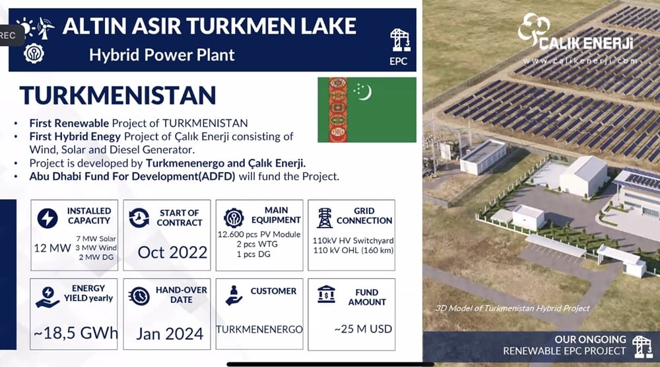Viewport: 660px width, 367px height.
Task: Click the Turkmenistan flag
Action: click(x=367, y=110)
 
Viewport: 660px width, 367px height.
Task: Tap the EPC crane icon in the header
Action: click(x=399, y=40)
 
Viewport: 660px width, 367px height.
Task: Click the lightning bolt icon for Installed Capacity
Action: click(x=47, y=218)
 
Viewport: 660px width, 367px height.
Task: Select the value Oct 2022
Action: click(x=172, y=252)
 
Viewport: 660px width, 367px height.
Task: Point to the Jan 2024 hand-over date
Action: click(x=170, y=333)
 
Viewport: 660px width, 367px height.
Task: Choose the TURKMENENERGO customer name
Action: click(x=259, y=329)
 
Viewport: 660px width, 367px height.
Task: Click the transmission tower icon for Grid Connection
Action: click(x=325, y=218)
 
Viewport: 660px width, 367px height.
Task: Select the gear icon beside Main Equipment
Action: click(x=233, y=218)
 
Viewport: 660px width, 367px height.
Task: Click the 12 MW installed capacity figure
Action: click(x=52, y=248)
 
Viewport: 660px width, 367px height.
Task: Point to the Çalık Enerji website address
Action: click(x=580, y=60)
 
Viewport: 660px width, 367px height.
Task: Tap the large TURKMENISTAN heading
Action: click(x=118, y=95)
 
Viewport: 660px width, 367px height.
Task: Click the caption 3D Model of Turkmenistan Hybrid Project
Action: click(x=513, y=308)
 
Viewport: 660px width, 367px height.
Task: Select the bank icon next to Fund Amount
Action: click(x=326, y=294)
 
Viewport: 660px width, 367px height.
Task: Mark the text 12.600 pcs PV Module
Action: click(x=259, y=234)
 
